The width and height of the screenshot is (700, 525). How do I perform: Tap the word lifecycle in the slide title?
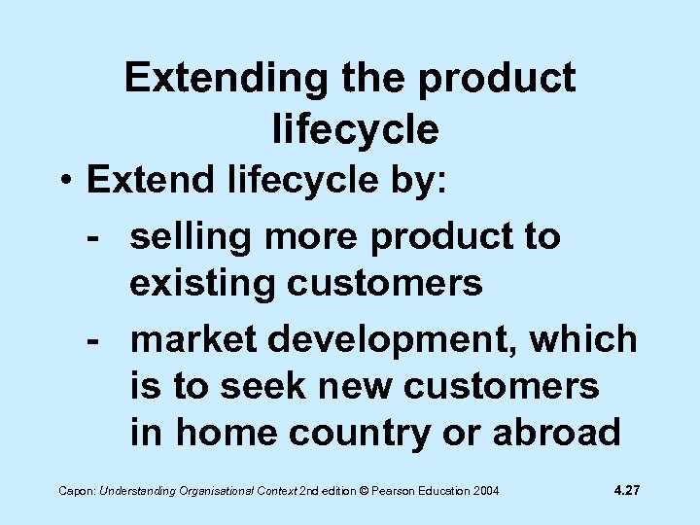tap(356, 127)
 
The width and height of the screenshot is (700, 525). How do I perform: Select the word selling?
tap(186, 235)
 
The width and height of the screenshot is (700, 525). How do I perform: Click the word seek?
tap(261, 386)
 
